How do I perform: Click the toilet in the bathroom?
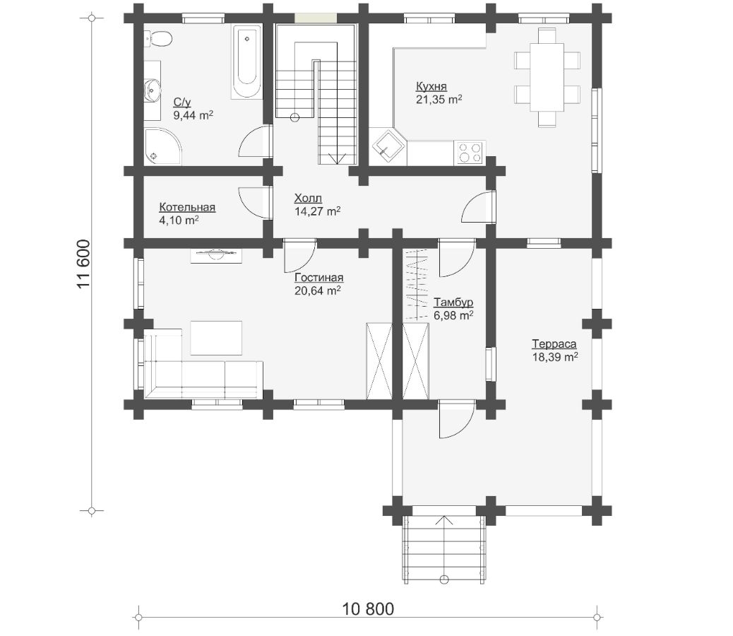(x=157, y=38)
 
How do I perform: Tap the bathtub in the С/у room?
(x=246, y=62)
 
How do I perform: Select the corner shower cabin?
(x=162, y=146)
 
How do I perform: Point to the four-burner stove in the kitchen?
(x=470, y=153)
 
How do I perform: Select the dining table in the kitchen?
(x=547, y=77)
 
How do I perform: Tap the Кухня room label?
(x=431, y=86)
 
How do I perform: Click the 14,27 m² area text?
(x=317, y=211)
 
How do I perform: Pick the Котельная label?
(x=187, y=207)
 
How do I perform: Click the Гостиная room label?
(x=318, y=278)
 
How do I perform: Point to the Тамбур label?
(x=453, y=302)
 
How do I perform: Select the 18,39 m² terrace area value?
(x=555, y=358)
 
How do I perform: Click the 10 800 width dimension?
(x=368, y=609)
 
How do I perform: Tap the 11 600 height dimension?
(x=83, y=264)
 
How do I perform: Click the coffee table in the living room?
(x=216, y=338)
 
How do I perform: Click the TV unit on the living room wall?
(x=216, y=256)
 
